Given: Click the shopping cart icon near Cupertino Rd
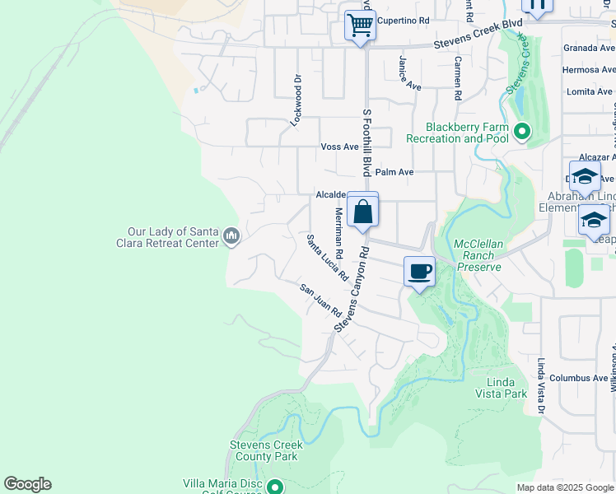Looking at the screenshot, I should [x=360, y=26].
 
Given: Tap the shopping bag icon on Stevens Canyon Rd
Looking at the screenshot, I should [x=362, y=212].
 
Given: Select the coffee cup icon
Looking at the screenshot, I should [x=420, y=271].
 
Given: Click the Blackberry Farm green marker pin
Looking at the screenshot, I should [x=521, y=132].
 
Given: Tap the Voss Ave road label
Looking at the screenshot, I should [x=339, y=147].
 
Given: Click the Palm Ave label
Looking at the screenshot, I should [x=394, y=172].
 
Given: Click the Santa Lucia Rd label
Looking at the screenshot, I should [x=326, y=259].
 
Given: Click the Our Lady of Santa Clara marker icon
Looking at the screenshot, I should [x=231, y=237].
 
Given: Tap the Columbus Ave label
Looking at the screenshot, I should [x=579, y=378].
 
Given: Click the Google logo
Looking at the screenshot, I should [x=27, y=484].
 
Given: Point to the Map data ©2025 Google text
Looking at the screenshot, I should [x=564, y=487].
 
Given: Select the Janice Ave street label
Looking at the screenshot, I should [x=409, y=73].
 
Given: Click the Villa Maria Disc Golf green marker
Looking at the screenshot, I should [x=275, y=487].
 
